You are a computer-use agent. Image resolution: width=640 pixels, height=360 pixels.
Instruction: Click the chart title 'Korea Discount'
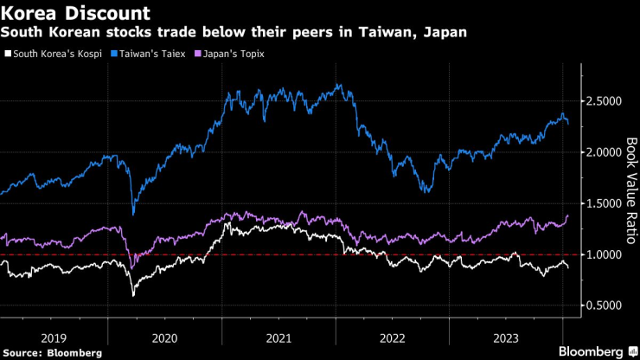tap(75, 14)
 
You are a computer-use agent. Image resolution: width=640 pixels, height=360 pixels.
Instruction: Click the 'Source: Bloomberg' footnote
tap(53, 353)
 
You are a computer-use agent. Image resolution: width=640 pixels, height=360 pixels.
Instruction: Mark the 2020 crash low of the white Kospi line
tap(133, 296)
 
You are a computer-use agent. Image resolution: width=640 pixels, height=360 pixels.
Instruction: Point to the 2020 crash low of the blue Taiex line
tap(133, 214)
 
